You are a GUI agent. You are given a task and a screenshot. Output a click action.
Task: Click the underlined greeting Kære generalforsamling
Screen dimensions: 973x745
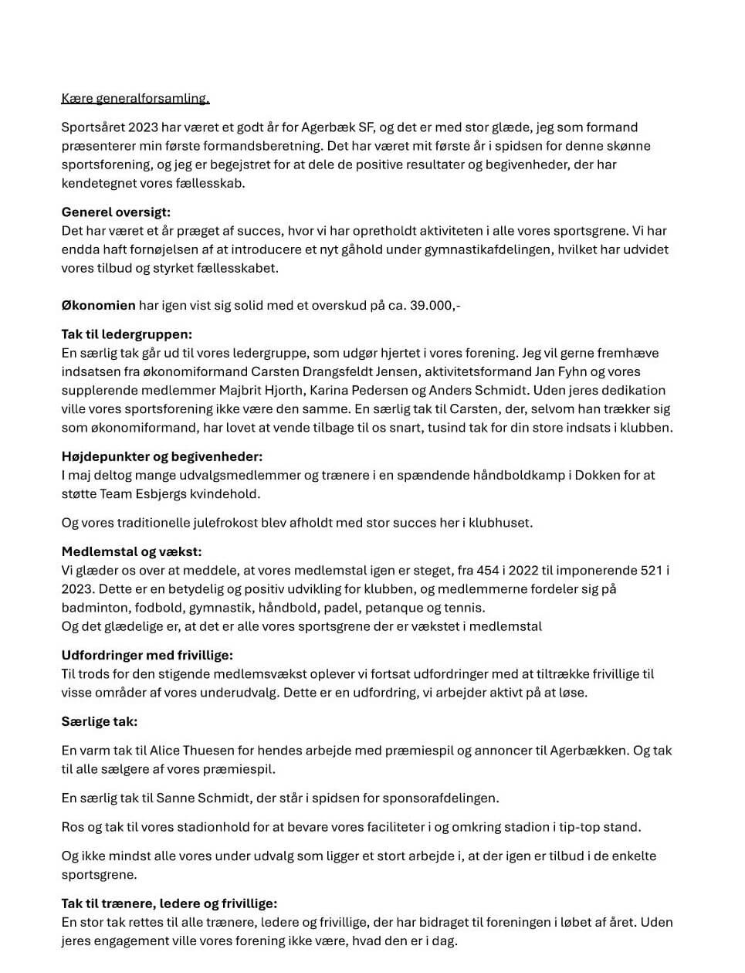(x=135, y=99)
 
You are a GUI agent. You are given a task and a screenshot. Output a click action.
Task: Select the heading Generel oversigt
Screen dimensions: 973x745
(x=116, y=212)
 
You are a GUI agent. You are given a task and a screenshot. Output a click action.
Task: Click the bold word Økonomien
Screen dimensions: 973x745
(x=98, y=306)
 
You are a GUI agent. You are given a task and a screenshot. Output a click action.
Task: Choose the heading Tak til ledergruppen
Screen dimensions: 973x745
(x=127, y=334)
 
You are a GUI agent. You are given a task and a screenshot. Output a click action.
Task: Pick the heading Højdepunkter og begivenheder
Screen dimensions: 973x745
(x=162, y=456)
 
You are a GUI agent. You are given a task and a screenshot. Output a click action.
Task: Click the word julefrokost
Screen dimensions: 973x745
(x=220, y=523)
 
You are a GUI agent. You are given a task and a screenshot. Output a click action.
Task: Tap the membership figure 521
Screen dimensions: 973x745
(x=651, y=571)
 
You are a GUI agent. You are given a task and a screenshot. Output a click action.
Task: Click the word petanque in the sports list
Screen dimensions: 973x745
(x=391, y=608)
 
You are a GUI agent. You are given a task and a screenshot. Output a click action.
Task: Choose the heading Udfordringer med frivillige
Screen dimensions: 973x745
(x=147, y=656)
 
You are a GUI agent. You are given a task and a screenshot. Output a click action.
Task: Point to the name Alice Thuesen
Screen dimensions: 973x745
(x=189, y=751)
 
